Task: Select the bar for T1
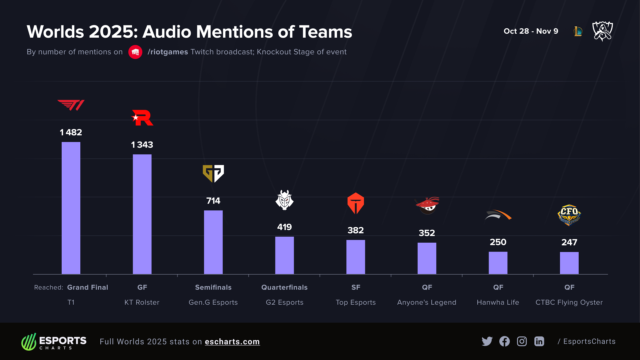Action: point(71,208)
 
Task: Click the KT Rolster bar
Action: point(142,214)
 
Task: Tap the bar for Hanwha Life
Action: point(498,263)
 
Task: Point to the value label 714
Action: point(213,201)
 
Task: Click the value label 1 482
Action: point(71,132)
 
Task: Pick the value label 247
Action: point(569,242)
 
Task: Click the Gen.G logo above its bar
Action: point(213,173)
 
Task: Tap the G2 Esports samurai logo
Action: point(284,200)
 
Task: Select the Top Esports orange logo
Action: point(355,203)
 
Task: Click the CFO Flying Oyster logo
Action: point(569,215)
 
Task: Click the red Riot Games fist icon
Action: point(135,52)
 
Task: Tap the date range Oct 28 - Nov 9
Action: point(531,31)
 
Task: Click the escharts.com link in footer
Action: point(232,342)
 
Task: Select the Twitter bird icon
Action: point(487,341)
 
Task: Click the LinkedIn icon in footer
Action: point(539,341)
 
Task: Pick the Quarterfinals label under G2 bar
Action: point(284,287)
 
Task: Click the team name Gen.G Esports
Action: point(213,302)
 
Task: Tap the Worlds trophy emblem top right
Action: point(602,31)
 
